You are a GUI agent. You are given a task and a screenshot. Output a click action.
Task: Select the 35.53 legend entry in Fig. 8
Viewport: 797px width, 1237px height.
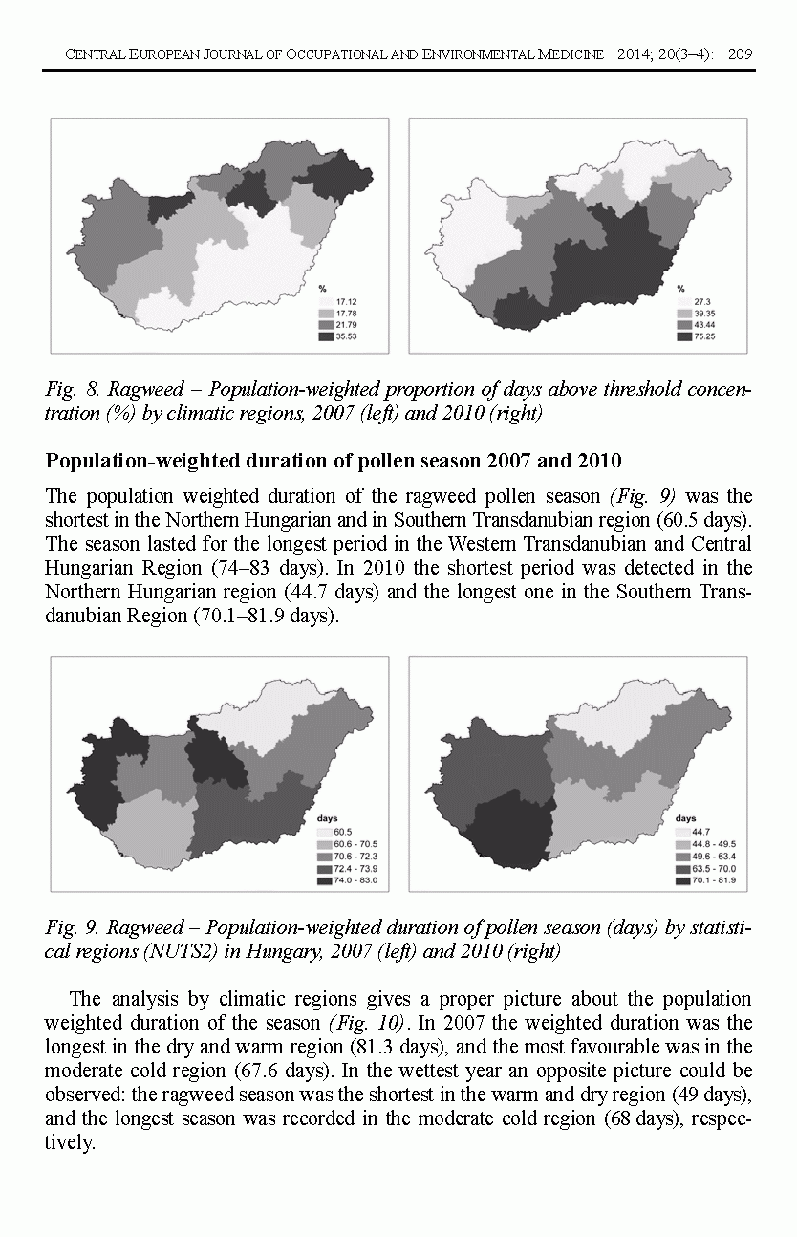tap(345, 336)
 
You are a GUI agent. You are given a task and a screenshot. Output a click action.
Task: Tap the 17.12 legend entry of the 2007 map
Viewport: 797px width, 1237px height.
tap(345, 302)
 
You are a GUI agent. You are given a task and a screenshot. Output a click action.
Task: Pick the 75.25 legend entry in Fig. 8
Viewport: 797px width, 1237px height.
tap(704, 336)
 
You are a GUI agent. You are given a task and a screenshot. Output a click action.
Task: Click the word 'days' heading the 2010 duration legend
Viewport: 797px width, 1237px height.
tap(684, 819)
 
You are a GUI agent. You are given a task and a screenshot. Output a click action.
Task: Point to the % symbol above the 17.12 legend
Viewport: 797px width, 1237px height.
tap(322, 289)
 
